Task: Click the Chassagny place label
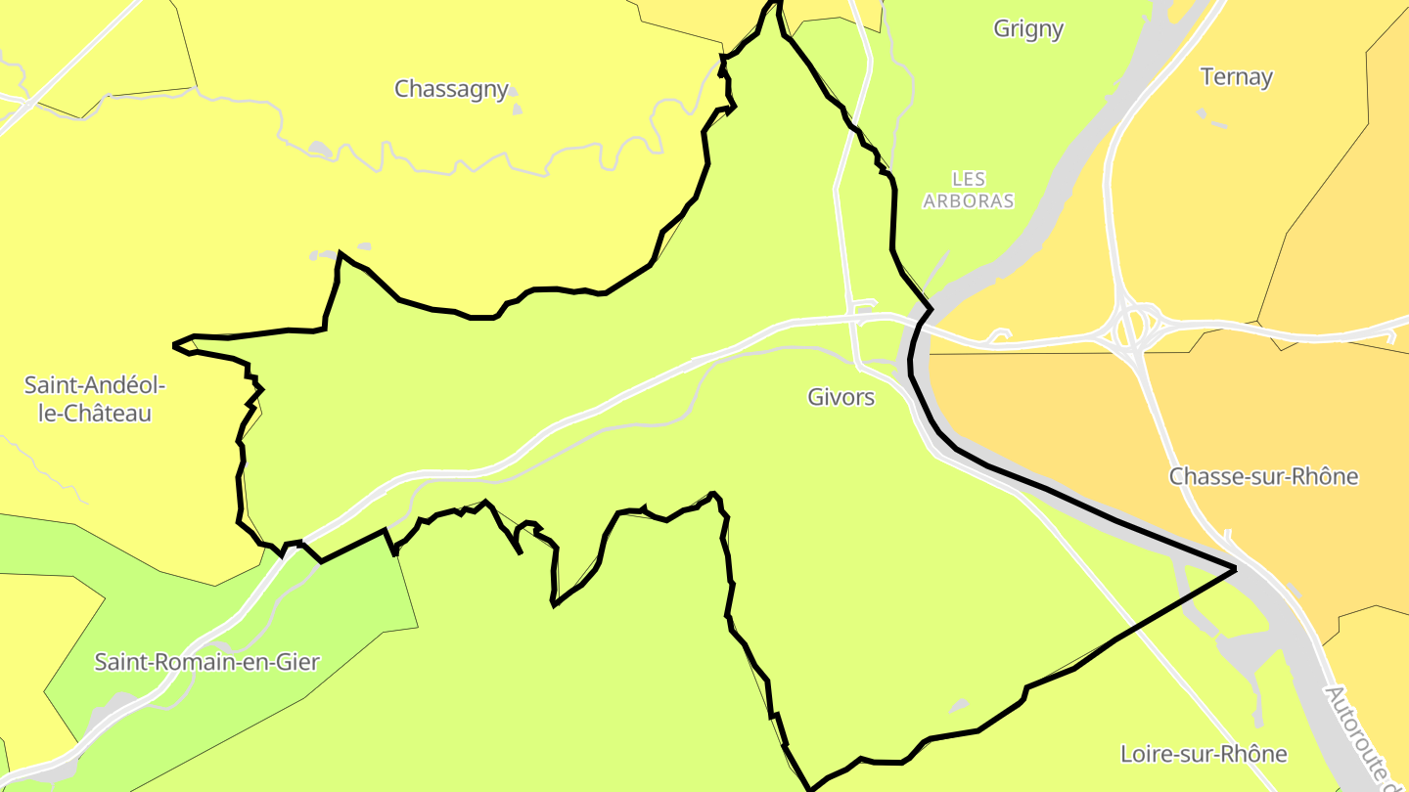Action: pyautogui.click(x=451, y=89)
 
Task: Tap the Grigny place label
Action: pyautogui.click(x=1027, y=28)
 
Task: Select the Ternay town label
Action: pyautogui.click(x=1236, y=76)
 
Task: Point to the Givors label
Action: pyautogui.click(x=841, y=397)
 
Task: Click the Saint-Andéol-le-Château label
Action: pyautogui.click(x=94, y=399)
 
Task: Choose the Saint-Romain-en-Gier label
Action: pyautogui.click(x=206, y=662)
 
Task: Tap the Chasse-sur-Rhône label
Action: pyautogui.click(x=1263, y=476)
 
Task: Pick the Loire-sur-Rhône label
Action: pyautogui.click(x=1204, y=754)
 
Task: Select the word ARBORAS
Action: pyautogui.click(x=969, y=201)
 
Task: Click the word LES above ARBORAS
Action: pyautogui.click(x=969, y=179)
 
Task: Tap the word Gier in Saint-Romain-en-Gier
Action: pyautogui.click(x=297, y=662)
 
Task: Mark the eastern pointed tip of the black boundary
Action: pyautogui.click(x=1235, y=568)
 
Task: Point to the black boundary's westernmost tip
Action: pyautogui.click(x=174, y=344)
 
